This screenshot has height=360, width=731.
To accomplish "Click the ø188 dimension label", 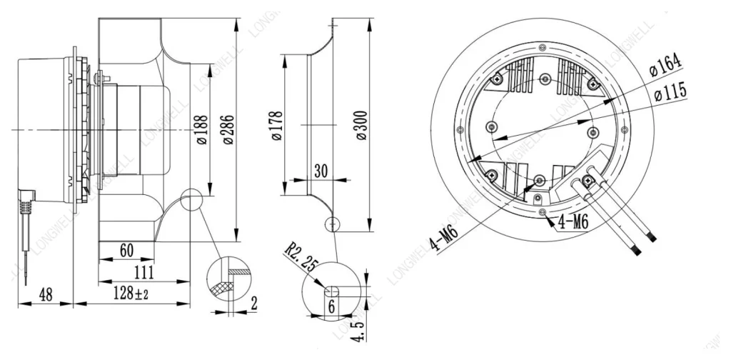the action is click(202, 129).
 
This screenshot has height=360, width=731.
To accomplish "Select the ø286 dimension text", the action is click(228, 129).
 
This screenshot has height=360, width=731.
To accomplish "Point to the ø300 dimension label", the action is click(362, 125).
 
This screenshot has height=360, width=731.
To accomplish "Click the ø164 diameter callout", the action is click(666, 66).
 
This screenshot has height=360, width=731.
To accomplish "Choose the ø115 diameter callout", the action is click(670, 91).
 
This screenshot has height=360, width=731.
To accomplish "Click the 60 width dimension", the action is click(126, 251).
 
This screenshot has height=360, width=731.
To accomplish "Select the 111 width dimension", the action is click(144, 272).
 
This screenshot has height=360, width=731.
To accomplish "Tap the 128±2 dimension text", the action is click(131, 294).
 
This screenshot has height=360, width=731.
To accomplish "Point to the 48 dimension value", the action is click(45, 294).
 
